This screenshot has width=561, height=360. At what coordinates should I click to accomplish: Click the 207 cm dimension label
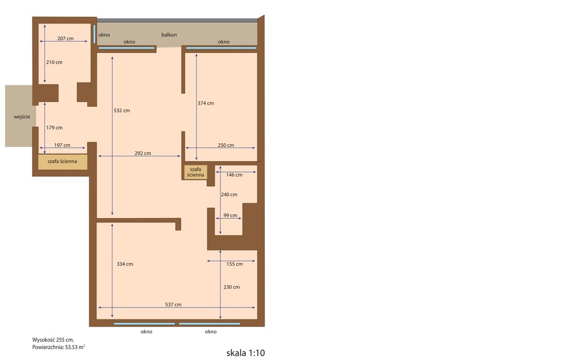[x=66, y=38]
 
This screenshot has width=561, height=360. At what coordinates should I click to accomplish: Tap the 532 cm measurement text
[x=122, y=111]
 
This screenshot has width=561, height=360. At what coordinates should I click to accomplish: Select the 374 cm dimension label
[x=206, y=103]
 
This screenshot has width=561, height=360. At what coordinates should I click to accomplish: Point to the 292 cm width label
[x=143, y=153]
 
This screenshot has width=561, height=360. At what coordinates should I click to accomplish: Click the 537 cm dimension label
[x=173, y=305]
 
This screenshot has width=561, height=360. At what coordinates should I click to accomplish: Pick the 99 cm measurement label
[x=230, y=215]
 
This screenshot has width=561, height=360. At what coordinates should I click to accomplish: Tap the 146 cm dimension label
[x=234, y=175]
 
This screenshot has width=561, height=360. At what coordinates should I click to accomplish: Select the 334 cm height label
[x=124, y=264]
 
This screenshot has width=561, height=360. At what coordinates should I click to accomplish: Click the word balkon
[x=169, y=35]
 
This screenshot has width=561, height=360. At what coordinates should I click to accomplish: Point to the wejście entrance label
[x=22, y=117]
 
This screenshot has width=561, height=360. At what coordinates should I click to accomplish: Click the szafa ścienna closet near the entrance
[x=62, y=162]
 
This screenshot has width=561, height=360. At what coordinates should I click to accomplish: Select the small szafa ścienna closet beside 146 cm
[x=196, y=172]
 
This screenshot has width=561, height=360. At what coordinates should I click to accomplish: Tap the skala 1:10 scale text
[x=245, y=353]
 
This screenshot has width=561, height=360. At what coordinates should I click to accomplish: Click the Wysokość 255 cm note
[x=53, y=340]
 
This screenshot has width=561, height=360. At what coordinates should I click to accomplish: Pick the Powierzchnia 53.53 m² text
[x=58, y=347]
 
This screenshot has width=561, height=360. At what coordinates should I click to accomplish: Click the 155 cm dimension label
[x=234, y=264]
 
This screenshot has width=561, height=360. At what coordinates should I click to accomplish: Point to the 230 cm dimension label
[x=232, y=287]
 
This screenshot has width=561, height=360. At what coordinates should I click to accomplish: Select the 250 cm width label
[x=226, y=145]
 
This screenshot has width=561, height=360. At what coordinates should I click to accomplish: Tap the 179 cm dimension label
[x=54, y=127]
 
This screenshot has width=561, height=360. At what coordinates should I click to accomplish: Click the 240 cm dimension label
[x=229, y=195]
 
